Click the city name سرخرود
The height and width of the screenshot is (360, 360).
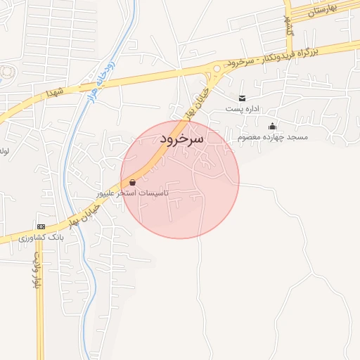tap(181, 139)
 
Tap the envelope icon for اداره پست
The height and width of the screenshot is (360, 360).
tap(243, 98)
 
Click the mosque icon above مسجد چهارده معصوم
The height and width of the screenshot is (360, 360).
tap(272, 126)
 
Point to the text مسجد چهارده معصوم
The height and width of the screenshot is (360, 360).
tap(272, 136)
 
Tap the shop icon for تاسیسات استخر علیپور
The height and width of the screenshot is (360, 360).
tap(133, 182)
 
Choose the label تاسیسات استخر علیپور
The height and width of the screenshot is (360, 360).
tap(133, 192)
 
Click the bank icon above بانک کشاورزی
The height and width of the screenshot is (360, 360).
tap(41, 227)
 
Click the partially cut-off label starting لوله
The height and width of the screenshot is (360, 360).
tap(4, 150)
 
